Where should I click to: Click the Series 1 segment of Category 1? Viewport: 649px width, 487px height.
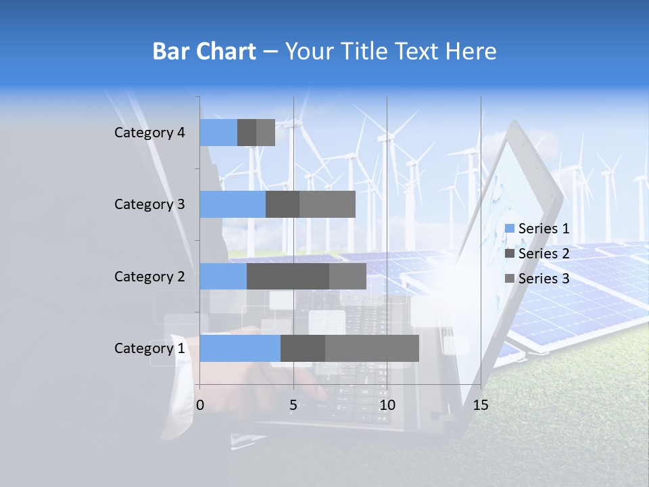240,348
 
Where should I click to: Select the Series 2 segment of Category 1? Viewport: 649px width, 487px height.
303,348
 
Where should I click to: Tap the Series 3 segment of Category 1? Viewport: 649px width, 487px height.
372,348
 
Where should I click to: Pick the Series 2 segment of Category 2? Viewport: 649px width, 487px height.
288,276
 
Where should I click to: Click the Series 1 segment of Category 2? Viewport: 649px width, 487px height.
223,276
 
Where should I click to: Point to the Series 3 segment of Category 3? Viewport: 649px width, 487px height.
327,204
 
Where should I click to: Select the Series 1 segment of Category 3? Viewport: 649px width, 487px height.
233,204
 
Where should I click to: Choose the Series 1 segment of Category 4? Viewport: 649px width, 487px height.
218,133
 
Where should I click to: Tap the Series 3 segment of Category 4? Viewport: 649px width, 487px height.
266,133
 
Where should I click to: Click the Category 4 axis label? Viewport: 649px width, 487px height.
149,133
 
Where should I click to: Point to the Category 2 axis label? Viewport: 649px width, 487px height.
149,277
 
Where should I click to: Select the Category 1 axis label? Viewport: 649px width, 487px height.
149,348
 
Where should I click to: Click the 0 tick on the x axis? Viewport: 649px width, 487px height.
200,405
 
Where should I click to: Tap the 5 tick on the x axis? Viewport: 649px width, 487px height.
293,405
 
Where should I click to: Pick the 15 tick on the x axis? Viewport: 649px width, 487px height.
481,405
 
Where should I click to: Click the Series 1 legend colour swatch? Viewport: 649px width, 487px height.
510,229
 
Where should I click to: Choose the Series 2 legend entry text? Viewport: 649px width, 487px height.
544,254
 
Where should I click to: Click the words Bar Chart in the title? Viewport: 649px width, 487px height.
203,51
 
